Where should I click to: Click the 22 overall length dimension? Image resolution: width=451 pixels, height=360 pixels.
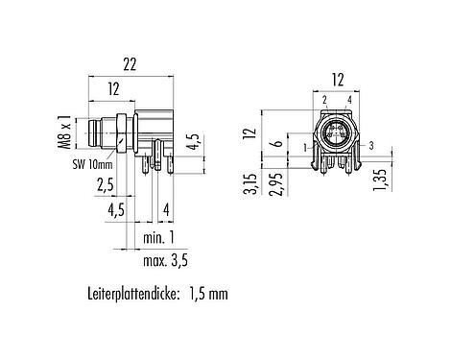131,64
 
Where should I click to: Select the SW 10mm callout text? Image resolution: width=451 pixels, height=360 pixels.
92,165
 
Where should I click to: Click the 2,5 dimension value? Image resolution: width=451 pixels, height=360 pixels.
105,185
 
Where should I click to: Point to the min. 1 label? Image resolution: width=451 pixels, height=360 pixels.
158,238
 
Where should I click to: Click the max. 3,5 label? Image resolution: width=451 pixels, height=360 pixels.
165,261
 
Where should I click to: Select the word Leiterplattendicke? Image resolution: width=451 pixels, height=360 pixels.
132,294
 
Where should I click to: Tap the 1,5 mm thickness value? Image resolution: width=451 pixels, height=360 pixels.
208,294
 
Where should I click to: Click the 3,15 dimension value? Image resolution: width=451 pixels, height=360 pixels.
250,184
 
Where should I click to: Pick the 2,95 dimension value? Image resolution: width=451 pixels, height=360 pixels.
276,184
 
